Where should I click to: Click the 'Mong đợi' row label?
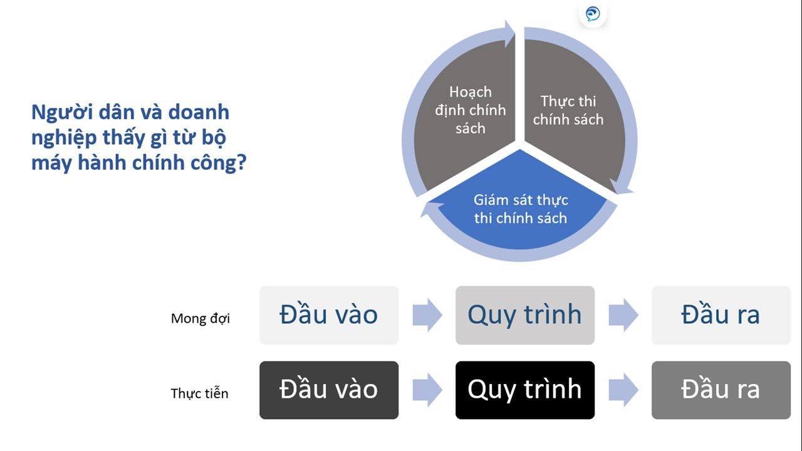[x=200, y=318]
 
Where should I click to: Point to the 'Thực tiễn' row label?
[x=199, y=393]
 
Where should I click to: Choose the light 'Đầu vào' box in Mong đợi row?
[x=329, y=315]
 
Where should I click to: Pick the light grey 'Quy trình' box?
[x=525, y=315]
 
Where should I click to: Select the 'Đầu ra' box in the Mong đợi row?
[x=721, y=315]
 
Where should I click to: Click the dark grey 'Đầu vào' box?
[x=329, y=390]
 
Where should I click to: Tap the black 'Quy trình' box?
[x=525, y=390]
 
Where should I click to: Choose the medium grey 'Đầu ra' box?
[x=721, y=390]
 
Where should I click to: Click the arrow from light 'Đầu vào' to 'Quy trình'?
[x=427, y=315]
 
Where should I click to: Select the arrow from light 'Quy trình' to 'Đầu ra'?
[x=623, y=315]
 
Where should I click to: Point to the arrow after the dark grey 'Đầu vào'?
[x=427, y=390]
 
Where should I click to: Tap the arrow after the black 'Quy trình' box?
[x=623, y=390]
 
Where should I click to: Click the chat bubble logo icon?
[x=593, y=14]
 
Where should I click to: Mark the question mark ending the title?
[x=242, y=163]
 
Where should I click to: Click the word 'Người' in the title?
[x=61, y=112]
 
